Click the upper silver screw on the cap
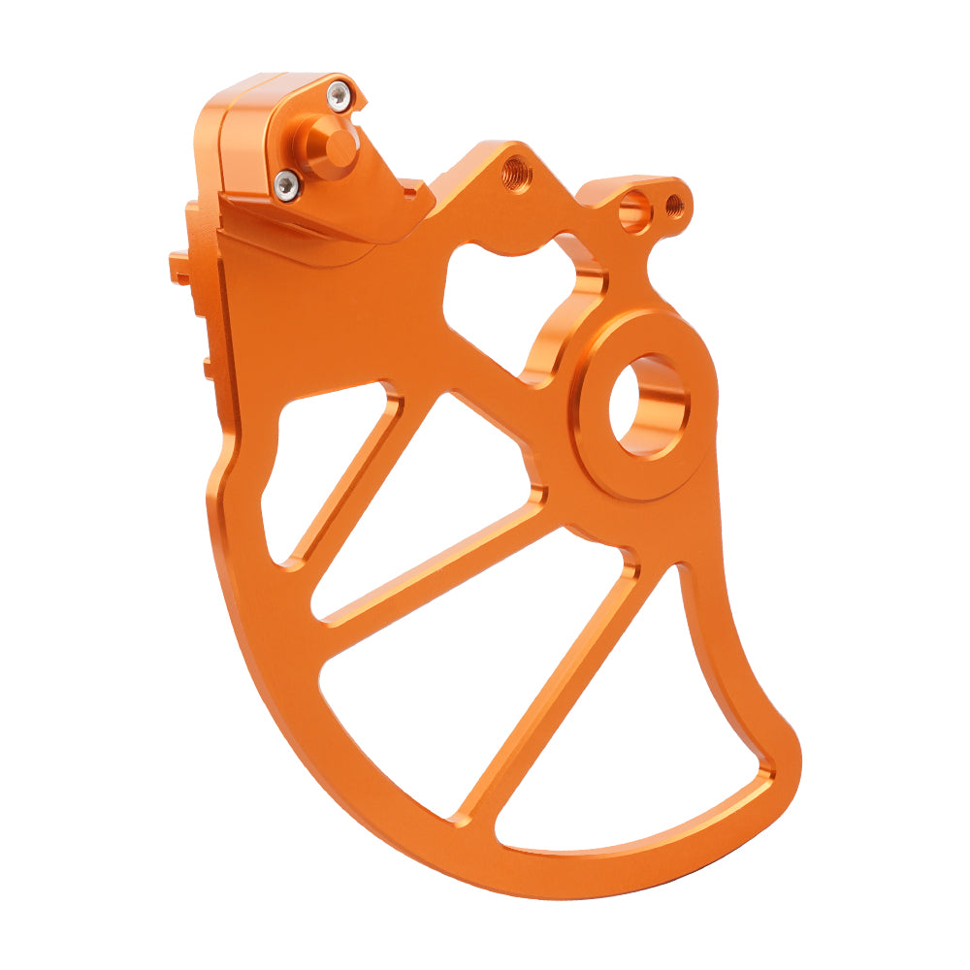[x=337, y=94]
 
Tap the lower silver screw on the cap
[x=286, y=184]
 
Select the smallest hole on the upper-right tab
[x=674, y=206]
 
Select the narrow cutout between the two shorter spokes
[x=427, y=495]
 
